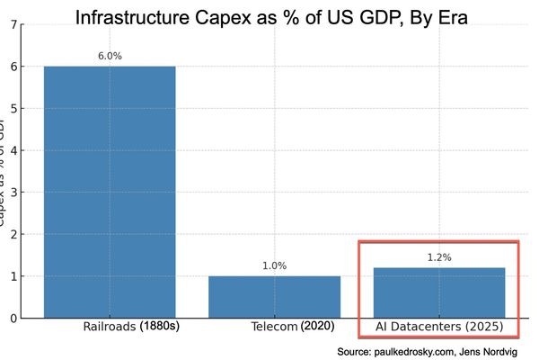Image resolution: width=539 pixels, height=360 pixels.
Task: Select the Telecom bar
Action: pyautogui.click(x=274, y=296)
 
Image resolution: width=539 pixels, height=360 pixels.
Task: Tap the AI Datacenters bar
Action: pyautogui.click(x=438, y=292)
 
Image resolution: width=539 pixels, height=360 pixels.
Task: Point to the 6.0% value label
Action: pyautogui.click(x=110, y=56)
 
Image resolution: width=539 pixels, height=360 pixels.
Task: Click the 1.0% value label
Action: pyautogui.click(x=274, y=265)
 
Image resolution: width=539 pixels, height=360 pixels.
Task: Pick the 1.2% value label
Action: pyautogui.click(x=438, y=257)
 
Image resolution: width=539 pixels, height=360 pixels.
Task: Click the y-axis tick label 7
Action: pyautogui.click(x=11, y=25)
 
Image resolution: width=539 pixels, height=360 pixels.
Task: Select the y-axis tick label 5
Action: pyautogui.click(x=11, y=109)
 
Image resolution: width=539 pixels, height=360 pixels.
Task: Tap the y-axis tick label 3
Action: pyautogui.click(x=11, y=193)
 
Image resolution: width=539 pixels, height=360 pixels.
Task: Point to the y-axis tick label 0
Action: pyautogui.click(x=11, y=318)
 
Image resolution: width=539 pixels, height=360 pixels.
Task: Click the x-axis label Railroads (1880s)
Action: pyautogui.click(x=130, y=326)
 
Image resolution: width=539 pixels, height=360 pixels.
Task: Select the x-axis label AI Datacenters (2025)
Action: pyautogui.click(x=438, y=326)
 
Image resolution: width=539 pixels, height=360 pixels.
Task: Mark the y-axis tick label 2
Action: pyautogui.click(x=11, y=234)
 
